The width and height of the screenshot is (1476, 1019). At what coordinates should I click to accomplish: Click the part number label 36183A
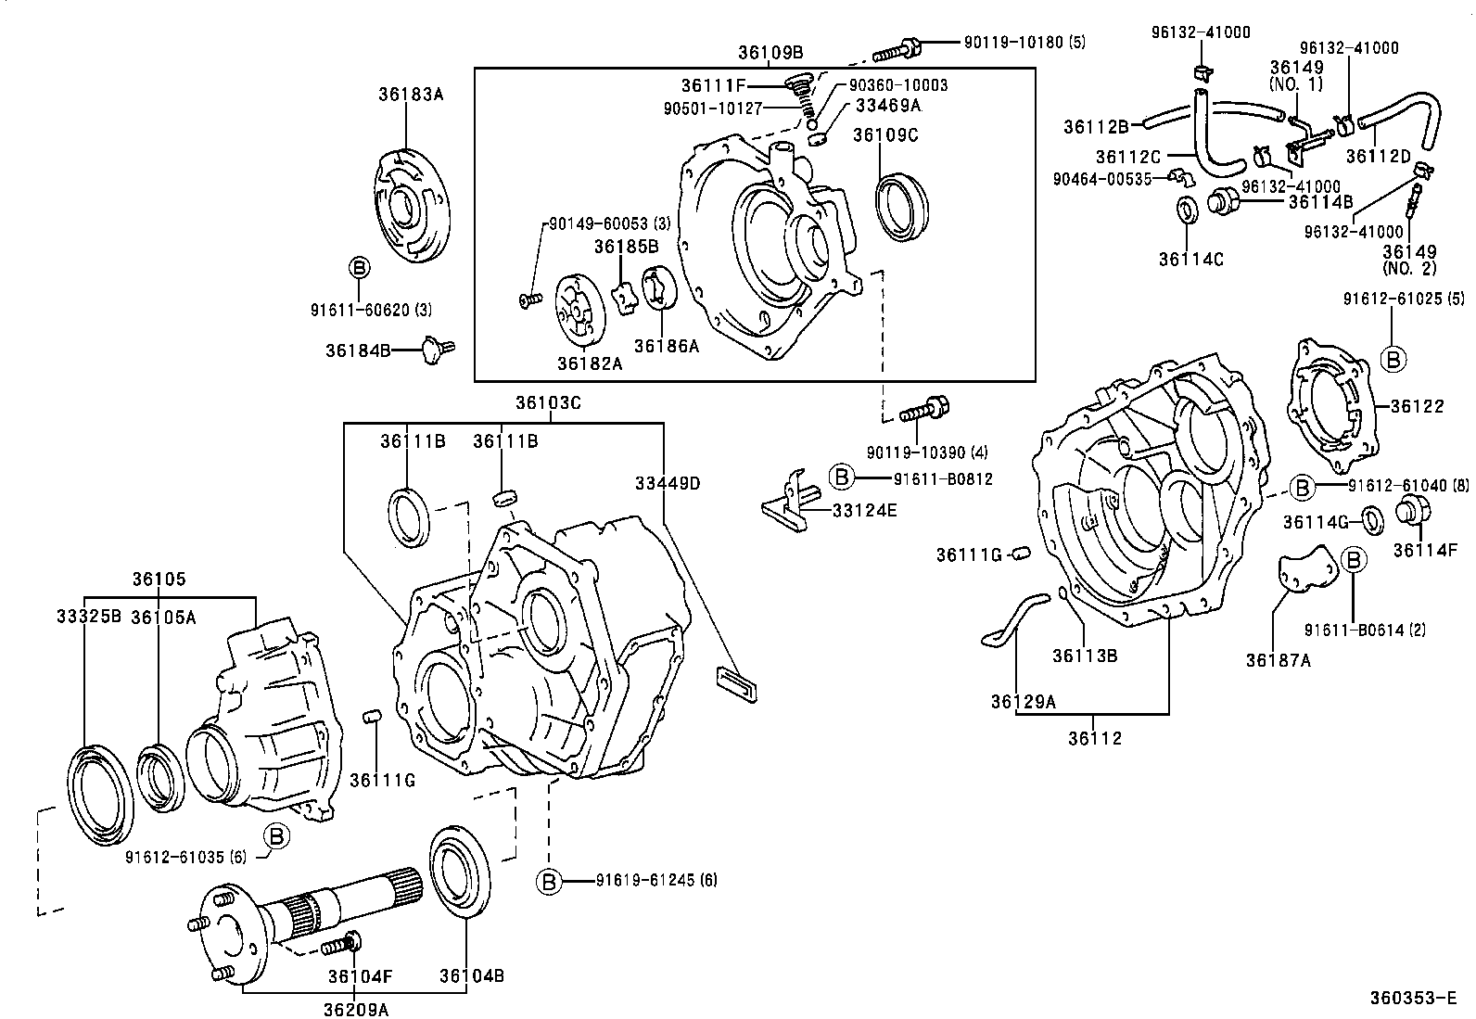411,94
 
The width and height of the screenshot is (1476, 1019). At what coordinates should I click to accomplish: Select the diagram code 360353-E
1415,999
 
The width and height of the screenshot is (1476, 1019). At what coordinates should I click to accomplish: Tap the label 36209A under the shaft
356,1009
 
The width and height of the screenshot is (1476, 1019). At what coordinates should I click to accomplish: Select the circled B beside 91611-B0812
840,477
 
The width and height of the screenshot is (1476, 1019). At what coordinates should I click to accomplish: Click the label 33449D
668,483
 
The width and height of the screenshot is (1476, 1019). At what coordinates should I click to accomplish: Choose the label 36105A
163,617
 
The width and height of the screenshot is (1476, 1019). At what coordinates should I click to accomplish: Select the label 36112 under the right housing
1094,738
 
